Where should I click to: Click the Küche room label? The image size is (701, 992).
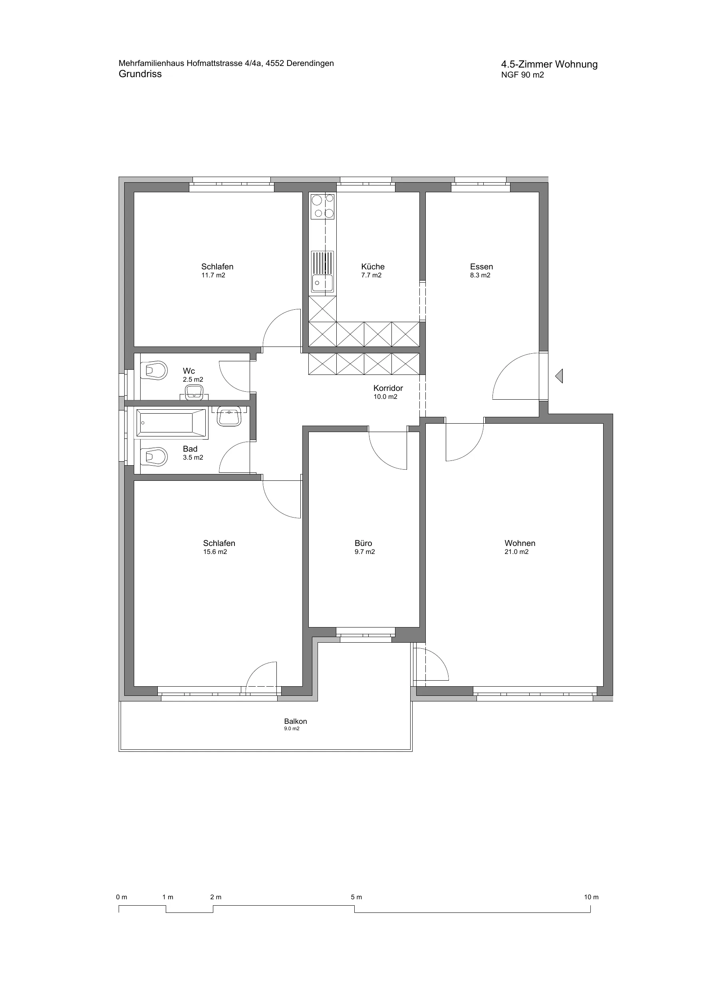click(x=373, y=267)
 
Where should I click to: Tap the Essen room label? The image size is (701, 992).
click(x=482, y=267)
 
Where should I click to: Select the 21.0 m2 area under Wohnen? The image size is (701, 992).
click(x=516, y=552)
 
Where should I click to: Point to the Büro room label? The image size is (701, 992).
click(x=363, y=543)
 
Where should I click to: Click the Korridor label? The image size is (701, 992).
click(x=388, y=388)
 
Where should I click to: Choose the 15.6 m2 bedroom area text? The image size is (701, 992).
click(x=215, y=552)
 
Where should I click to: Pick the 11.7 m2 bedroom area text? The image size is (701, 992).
click(x=213, y=275)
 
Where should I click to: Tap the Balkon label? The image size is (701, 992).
click(x=296, y=721)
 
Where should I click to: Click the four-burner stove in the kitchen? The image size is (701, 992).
click(x=323, y=207)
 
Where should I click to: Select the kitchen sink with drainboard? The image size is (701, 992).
click(x=323, y=271)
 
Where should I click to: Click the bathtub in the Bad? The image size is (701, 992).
click(x=171, y=423)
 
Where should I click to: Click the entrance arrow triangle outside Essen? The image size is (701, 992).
click(x=559, y=376)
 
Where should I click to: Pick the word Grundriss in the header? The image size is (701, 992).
click(x=140, y=74)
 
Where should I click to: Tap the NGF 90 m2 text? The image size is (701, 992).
click(x=522, y=75)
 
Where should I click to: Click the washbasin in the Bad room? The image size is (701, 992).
click(x=229, y=416)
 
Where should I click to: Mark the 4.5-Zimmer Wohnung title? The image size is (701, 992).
click(x=549, y=64)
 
